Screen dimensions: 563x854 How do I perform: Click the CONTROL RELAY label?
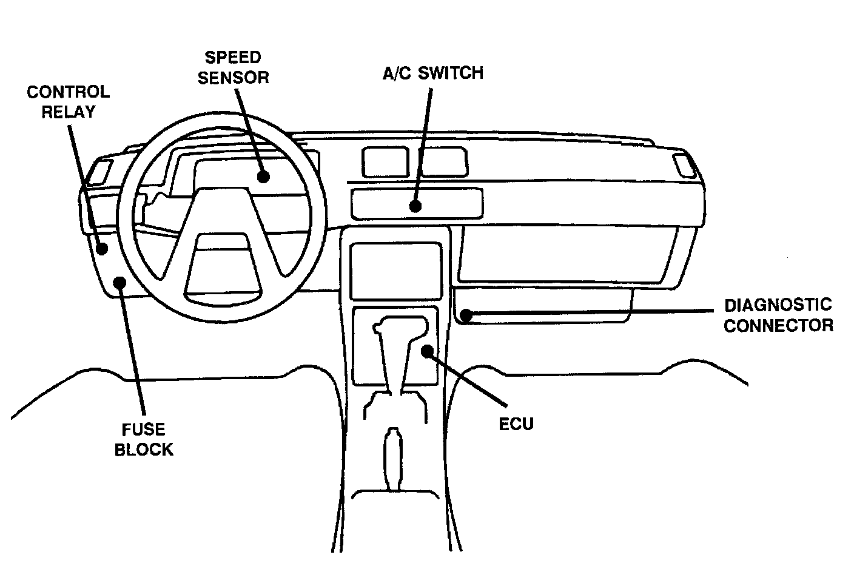point(68,102)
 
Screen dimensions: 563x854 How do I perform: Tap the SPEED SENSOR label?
point(233,67)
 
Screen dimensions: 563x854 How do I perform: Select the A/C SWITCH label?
point(432,73)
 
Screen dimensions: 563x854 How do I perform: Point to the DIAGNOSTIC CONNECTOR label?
point(778,315)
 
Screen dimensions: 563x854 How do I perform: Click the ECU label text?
point(516,423)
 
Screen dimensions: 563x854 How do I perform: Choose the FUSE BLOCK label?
point(144,439)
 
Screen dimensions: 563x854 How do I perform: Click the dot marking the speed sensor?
point(262,176)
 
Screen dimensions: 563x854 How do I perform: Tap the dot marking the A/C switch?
point(415,206)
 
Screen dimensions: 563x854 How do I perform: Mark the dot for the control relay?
point(102,248)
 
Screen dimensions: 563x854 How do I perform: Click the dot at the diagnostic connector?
point(465,315)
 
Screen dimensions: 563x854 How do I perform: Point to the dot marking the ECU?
point(428,350)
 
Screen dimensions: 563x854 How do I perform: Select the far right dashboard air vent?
point(685,165)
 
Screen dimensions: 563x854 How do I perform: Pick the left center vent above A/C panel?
point(385,162)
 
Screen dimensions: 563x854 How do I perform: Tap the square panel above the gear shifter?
point(395,269)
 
